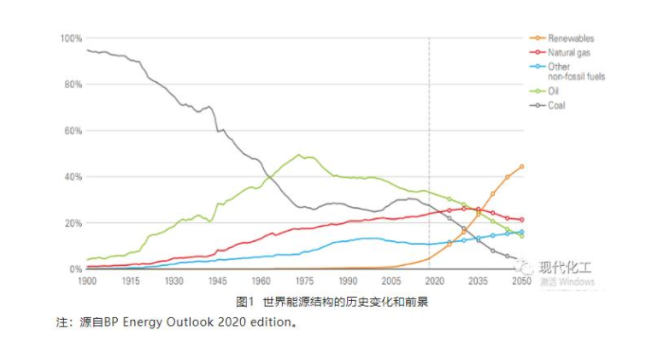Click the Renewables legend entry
[571, 38]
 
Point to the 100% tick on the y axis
[70, 38]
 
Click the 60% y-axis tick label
[72, 131]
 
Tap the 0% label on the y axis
[75, 269]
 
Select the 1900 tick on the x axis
[86, 281]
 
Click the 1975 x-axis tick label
[304, 281]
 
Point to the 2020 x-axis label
[434, 281]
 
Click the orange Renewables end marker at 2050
[521, 167]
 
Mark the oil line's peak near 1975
[299, 156]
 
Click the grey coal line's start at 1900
[87, 50]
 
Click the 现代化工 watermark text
[568, 269]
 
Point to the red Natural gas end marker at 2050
[521, 220]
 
